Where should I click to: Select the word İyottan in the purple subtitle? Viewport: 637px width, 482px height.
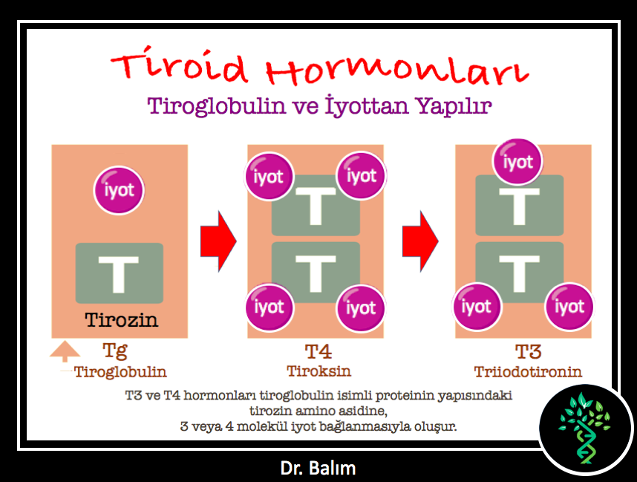click(367, 106)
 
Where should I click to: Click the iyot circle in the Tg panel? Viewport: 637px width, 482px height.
click(119, 190)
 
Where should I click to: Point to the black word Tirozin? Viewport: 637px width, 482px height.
click(121, 320)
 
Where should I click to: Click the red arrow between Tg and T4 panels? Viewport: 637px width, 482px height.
click(218, 241)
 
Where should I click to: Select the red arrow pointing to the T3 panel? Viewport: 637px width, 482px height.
click(420, 241)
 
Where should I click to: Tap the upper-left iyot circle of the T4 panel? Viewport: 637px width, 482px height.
click(269, 176)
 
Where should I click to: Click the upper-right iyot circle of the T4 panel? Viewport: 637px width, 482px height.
click(361, 175)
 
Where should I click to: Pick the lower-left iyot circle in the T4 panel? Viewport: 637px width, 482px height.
click(269, 307)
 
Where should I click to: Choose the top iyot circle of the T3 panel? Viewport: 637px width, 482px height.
click(518, 162)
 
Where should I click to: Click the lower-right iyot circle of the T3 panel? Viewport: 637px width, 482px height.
click(569, 307)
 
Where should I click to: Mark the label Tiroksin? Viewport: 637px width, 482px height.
click(319, 371)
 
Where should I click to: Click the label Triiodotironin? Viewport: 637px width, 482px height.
click(528, 371)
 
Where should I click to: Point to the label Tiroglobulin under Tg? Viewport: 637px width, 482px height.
click(120, 372)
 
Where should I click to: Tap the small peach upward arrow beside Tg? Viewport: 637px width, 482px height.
click(65, 351)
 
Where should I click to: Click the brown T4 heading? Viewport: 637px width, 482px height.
click(318, 351)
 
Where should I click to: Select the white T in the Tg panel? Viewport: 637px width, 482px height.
click(119, 274)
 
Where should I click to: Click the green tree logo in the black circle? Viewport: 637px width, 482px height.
click(585, 428)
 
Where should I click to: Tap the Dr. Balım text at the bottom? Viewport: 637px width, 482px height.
click(318, 468)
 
